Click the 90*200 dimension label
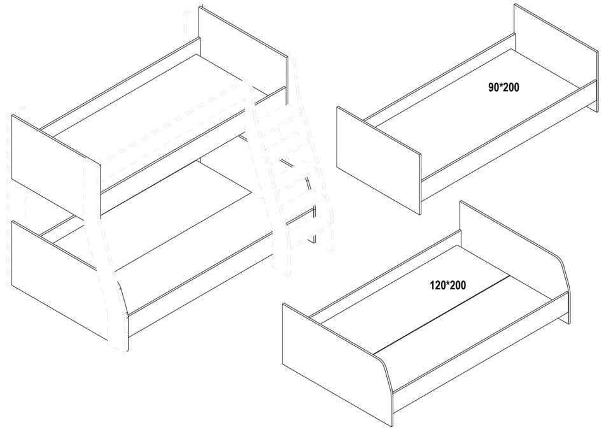coord(503,87)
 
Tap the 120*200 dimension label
coord(447,285)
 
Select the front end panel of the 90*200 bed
coord(379,161)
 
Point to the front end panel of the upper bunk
coord(56,166)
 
